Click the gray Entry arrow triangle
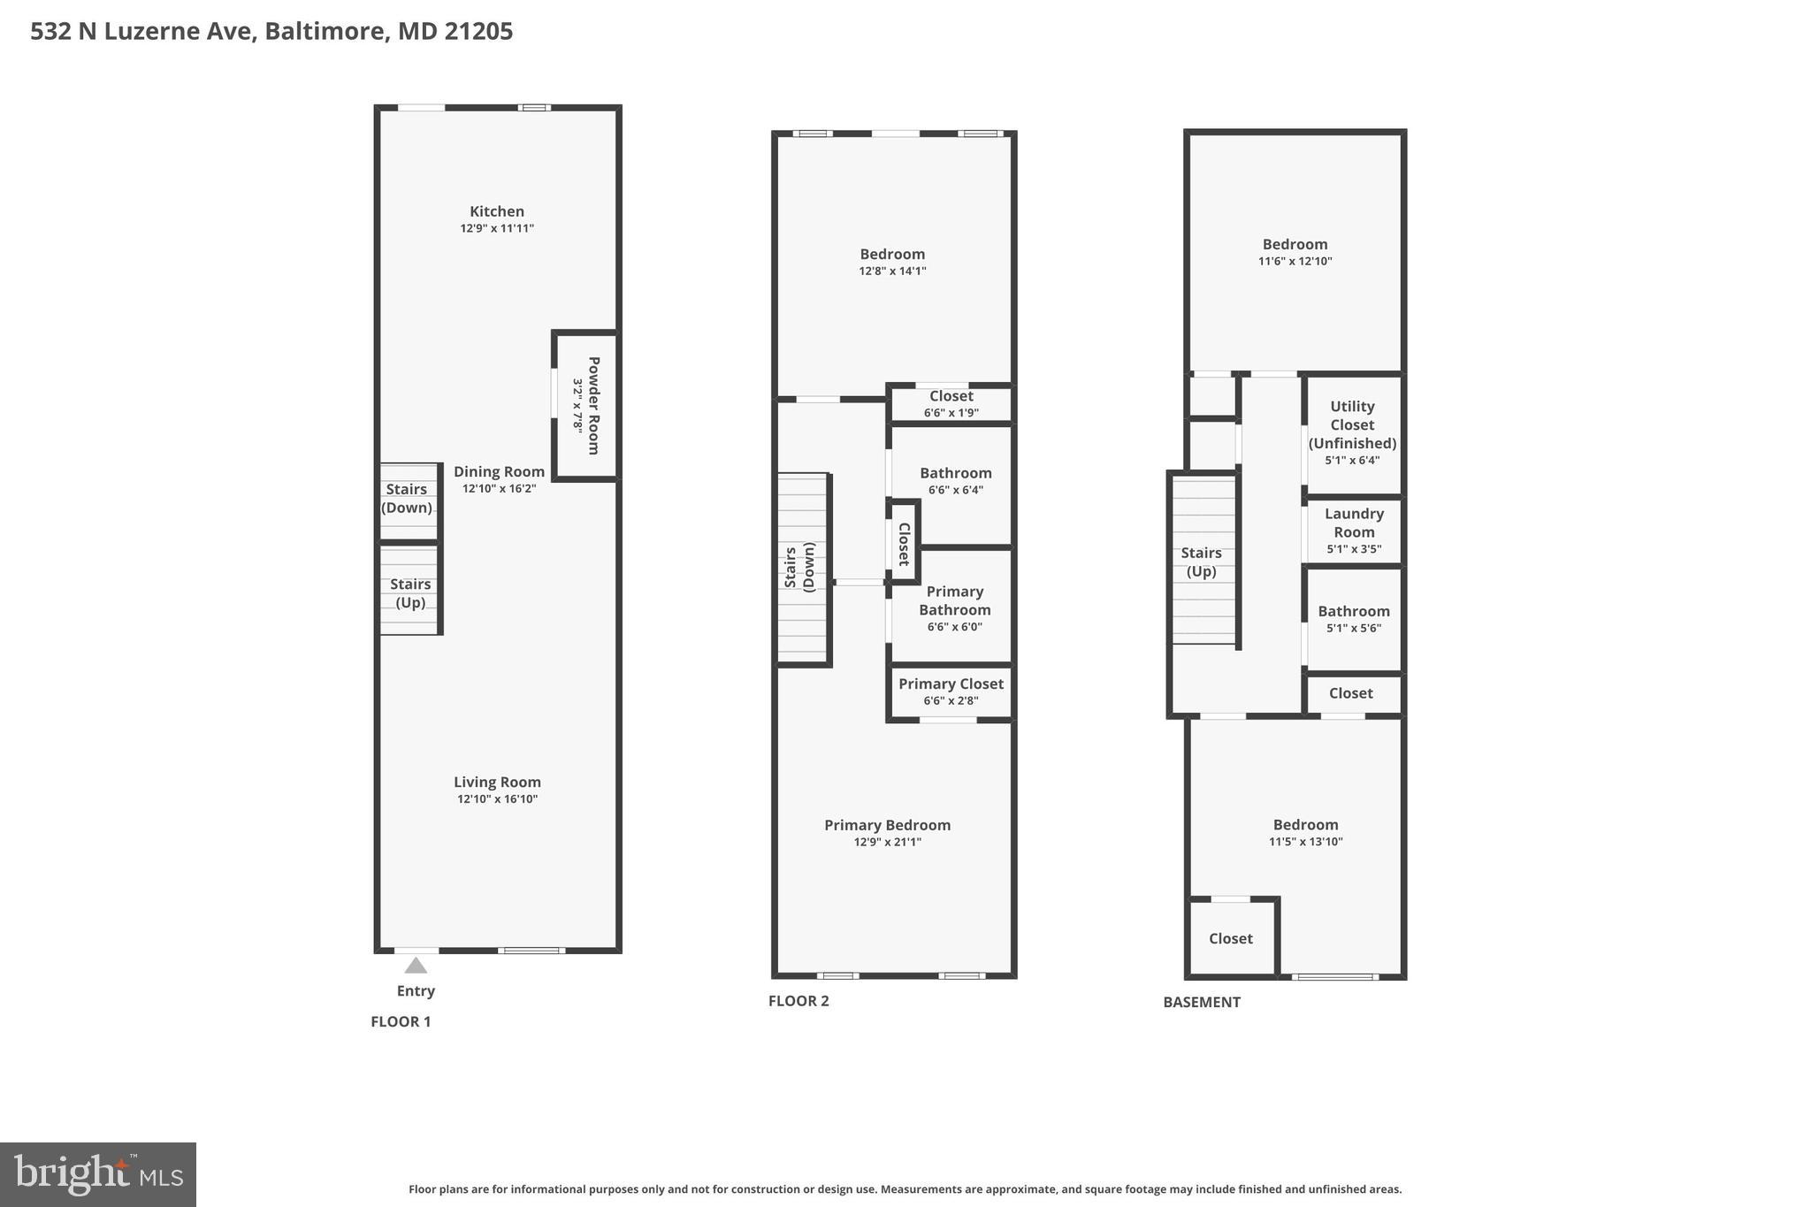click(x=416, y=965)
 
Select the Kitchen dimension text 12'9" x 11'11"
click(x=497, y=228)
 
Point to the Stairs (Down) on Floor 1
click(x=407, y=499)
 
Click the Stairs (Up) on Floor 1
click(x=410, y=593)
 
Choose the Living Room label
click(x=497, y=782)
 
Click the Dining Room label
click(x=499, y=471)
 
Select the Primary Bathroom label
click(x=954, y=600)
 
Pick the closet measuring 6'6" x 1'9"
click(x=951, y=403)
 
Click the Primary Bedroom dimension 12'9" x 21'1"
click(x=887, y=842)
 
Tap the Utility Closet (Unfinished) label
click(x=1352, y=424)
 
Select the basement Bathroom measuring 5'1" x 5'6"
click(x=1354, y=618)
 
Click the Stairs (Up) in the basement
click(x=1201, y=561)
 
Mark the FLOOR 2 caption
click(x=799, y=1001)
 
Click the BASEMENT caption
click(x=1202, y=1002)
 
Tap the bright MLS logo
click(x=98, y=1175)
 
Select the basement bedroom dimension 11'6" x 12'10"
click(x=1295, y=261)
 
